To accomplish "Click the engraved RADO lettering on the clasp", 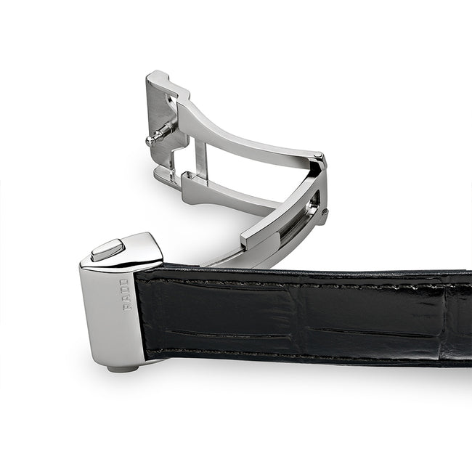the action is [x=124, y=295].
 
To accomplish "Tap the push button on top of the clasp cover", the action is [x=108, y=250].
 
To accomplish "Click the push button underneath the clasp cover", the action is [x=123, y=368].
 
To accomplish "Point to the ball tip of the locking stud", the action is [x=150, y=141].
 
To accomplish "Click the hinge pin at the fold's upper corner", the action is [x=318, y=155].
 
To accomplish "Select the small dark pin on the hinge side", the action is [x=325, y=211].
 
